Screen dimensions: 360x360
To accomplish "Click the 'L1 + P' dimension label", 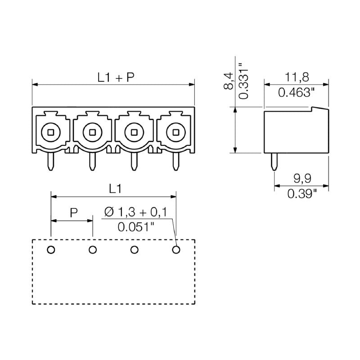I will click(x=116, y=77).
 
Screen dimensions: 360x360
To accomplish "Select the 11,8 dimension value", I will click(x=296, y=77).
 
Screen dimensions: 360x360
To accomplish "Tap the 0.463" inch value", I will click(x=296, y=93).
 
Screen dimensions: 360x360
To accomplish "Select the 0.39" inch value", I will click(x=302, y=193).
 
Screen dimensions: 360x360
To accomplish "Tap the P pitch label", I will click(x=73, y=213).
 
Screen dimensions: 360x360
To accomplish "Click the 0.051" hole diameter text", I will click(x=135, y=227).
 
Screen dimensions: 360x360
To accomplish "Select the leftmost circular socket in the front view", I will click(x=51, y=132).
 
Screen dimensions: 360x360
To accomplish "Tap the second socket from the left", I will click(x=92, y=132).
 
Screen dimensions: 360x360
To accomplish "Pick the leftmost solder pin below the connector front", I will click(x=51, y=161).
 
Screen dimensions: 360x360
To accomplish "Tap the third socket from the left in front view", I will click(x=134, y=132).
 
